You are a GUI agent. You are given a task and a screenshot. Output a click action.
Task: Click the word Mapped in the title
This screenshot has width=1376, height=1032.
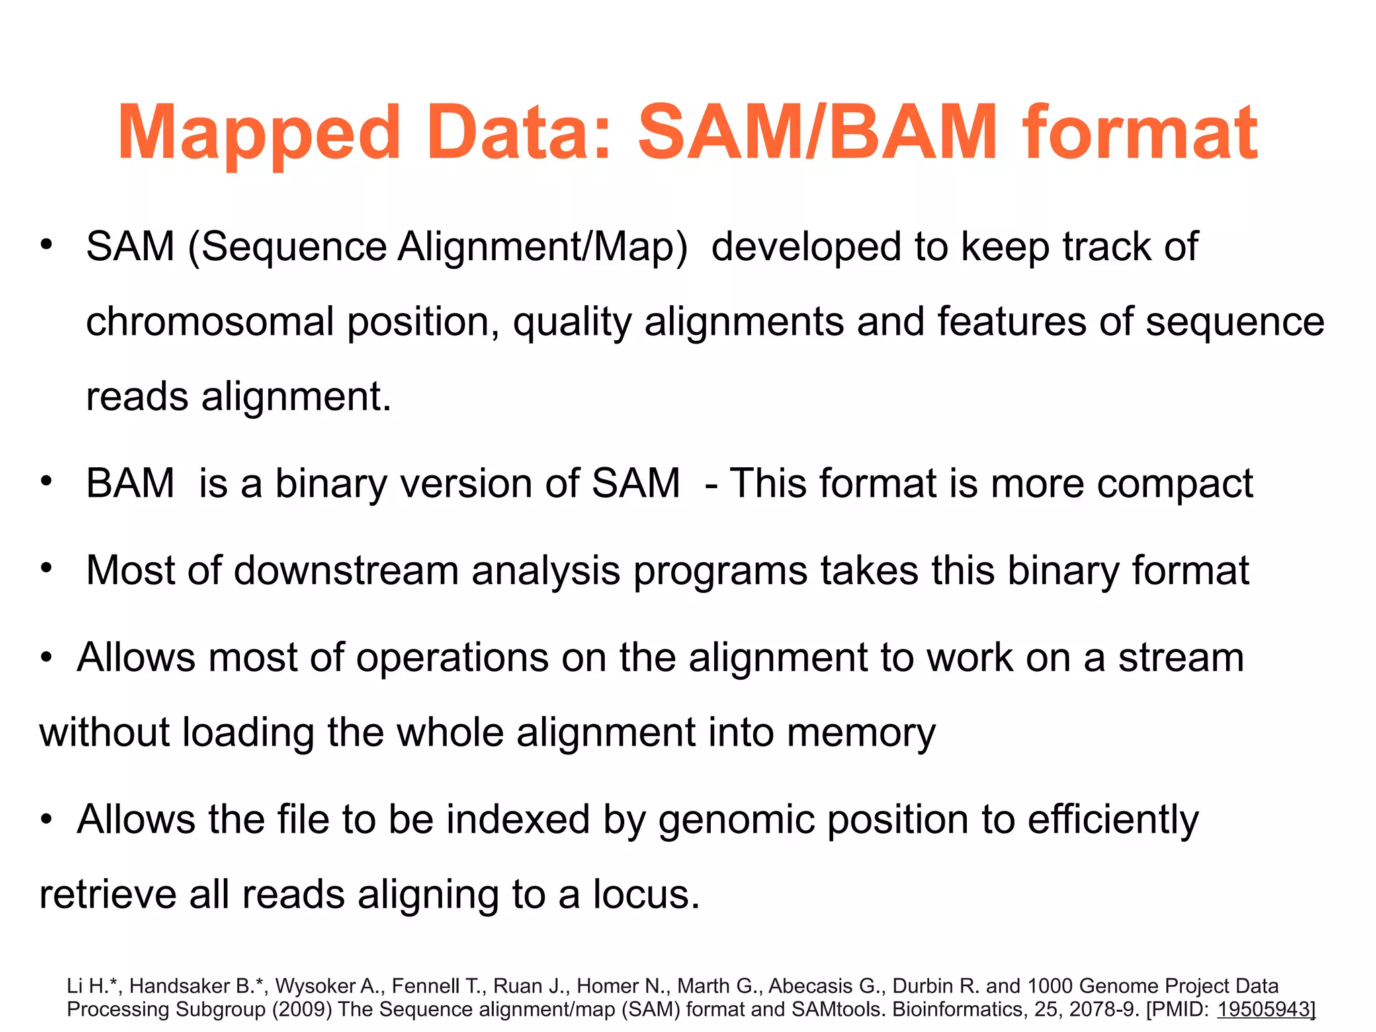pos(259,134)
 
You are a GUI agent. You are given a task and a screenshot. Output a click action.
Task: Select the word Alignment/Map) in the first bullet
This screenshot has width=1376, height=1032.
pos(543,247)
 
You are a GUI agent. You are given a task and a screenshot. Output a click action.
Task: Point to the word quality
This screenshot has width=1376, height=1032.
pos(572,323)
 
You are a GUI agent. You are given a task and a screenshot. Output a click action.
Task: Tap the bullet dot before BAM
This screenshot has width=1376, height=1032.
pos(46,481)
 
